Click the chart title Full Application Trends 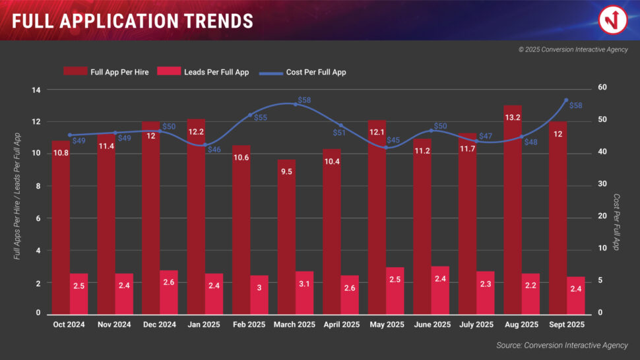coord(133,21)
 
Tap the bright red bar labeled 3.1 coord(304,293)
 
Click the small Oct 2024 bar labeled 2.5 coord(79,293)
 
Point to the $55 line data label coord(261,117)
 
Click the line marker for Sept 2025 coord(566,100)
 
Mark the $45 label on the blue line coord(393,140)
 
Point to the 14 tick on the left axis coord(37,90)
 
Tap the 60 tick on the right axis coord(603,88)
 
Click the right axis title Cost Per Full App coord(617,222)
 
